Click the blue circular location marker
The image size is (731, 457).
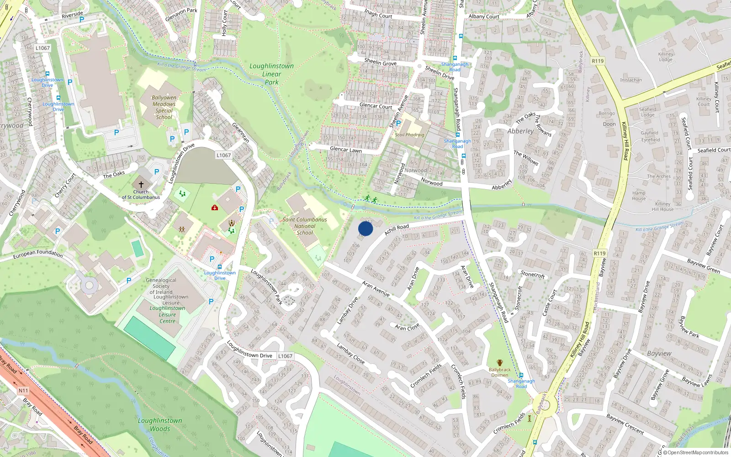365,228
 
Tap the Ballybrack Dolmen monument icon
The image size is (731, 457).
499,363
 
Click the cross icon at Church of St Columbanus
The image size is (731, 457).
141,184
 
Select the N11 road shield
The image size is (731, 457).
23,391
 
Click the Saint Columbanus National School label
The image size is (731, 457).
305,226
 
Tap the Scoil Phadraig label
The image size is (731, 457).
409,135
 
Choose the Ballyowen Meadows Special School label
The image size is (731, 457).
164,107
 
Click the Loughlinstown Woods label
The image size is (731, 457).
160,425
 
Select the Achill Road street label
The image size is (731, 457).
397,229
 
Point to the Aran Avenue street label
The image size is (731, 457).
376,289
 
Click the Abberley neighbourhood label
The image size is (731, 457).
520,131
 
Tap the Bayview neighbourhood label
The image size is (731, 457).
659,353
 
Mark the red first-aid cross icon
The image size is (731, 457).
214,207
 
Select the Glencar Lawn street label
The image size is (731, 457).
345,149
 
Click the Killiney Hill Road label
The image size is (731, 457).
625,141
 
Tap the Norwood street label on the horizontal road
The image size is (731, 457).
432,183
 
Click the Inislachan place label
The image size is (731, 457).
631,80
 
